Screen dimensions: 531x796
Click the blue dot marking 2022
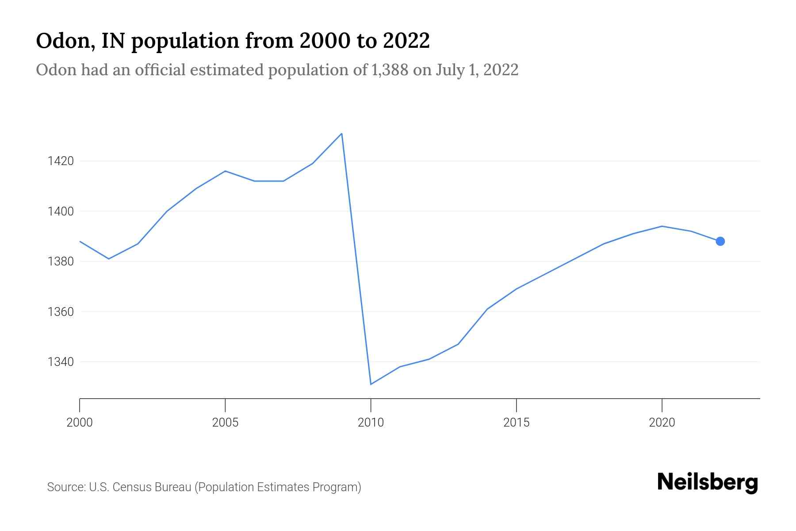[x=720, y=241]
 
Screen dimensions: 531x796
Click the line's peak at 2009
[x=342, y=134]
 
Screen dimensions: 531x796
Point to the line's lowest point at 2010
[x=371, y=384]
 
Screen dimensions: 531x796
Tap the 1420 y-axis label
[x=61, y=161]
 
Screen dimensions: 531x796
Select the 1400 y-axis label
[x=61, y=212]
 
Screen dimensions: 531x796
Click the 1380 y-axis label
[x=61, y=262]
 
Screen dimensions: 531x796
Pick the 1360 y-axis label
[x=61, y=312]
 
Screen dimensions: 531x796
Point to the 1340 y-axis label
[x=61, y=362]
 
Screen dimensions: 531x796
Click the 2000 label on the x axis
[x=80, y=423]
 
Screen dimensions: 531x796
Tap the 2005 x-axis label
[x=225, y=423]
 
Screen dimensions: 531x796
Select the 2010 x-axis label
[x=371, y=423]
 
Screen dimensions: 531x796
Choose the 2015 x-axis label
[x=516, y=423]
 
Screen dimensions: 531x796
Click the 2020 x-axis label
[x=662, y=423]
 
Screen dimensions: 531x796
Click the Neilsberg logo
[x=708, y=482]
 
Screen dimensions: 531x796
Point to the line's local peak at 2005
[x=225, y=171]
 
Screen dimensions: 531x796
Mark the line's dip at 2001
[x=109, y=259]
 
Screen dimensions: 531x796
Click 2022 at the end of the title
[x=406, y=41]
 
